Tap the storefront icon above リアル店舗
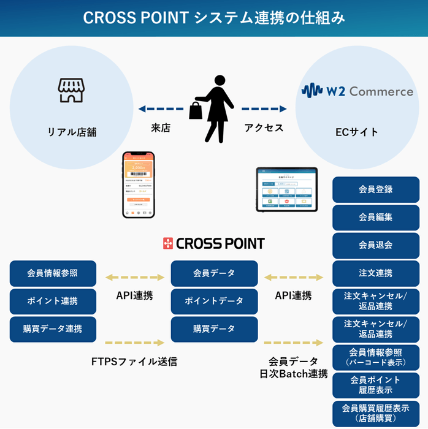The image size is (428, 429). pos(71,90)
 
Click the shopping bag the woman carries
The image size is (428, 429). pos(196,110)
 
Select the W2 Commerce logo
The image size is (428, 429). pos(357,91)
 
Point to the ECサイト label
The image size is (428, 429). pos(357,132)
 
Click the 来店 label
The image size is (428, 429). pos(160,128)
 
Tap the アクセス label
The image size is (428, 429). pos(264,128)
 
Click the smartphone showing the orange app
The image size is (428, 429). pos(138,184)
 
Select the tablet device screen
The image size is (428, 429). pos(287,189)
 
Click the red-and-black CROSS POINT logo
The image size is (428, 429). pos(213,244)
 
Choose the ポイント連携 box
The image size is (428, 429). pos(53,301)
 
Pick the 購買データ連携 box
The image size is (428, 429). pos(53,328)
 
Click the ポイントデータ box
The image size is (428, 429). pos(214,301)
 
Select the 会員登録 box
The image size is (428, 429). pos(376,189)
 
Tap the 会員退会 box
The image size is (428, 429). pos(376,245)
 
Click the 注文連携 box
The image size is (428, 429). pos(376,273)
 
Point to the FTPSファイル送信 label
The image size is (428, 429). pos(134,362)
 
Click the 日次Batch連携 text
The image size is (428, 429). pos(293,374)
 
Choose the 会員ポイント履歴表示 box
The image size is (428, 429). pos(376,385)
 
